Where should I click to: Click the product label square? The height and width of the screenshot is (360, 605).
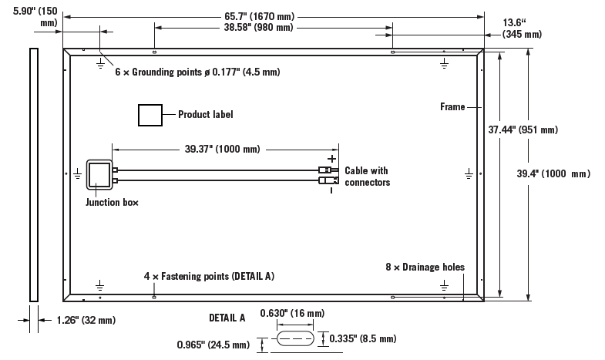150,115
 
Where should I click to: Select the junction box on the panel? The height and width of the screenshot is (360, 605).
99,175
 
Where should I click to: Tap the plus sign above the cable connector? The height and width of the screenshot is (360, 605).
331,158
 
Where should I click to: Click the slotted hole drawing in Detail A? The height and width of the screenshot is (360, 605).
296,338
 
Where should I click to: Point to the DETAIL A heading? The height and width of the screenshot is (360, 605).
227,318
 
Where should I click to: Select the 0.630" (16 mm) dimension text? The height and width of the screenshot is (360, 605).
292,314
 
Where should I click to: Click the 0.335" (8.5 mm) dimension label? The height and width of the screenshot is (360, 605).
362,338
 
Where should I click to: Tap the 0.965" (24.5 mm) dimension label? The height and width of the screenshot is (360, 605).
213,344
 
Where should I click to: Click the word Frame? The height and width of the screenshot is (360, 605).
452,106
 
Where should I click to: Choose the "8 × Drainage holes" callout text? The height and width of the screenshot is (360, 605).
425,267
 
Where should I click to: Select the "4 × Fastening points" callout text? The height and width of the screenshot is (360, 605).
209,275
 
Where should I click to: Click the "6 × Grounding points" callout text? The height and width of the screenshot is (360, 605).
197,72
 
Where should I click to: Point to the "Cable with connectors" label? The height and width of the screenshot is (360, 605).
367,177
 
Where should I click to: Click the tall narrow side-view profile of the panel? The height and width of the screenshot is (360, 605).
33,174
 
